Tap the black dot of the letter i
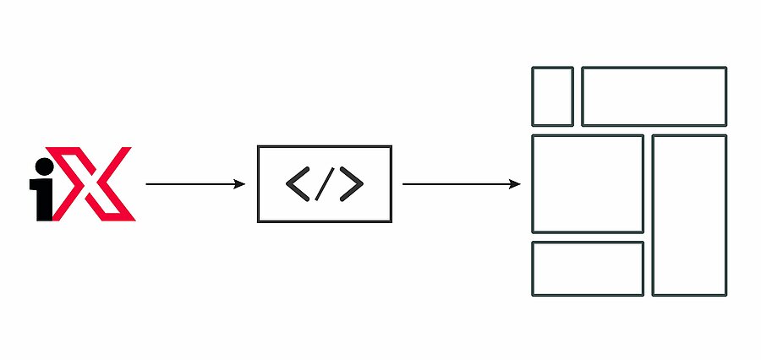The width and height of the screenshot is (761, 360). coord(45,166)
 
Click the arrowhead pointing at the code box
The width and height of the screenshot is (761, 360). coord(240,184)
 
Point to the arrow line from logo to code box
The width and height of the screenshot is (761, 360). coord(195,184)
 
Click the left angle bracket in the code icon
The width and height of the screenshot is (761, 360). coord(298,184)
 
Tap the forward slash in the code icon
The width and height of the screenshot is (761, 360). coord(325,184)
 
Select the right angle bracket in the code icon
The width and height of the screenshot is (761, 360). coord(352,184)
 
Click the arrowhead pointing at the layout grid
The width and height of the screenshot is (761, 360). coord(515,184)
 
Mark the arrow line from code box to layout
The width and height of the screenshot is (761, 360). coord(462,184)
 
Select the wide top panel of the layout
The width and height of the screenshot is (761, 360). coord(654,68)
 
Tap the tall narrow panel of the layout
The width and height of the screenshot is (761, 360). coord(653,215)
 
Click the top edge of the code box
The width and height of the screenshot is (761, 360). coord(325,146)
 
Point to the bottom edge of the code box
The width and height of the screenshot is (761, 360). coord(325,221)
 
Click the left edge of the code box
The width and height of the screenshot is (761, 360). coord(258,184)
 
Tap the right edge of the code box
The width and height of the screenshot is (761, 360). coord(391,184)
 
